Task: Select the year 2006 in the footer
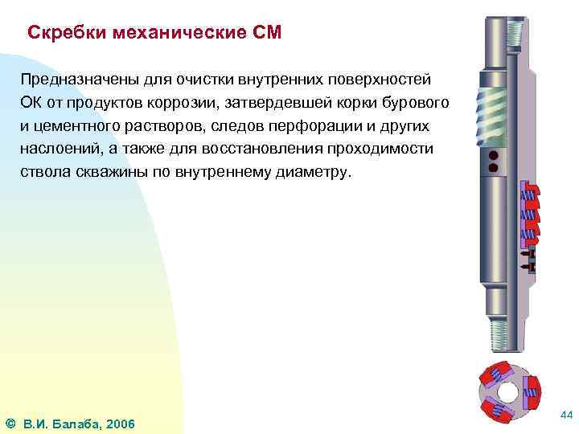[121, 424]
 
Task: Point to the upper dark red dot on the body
[495, 155]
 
